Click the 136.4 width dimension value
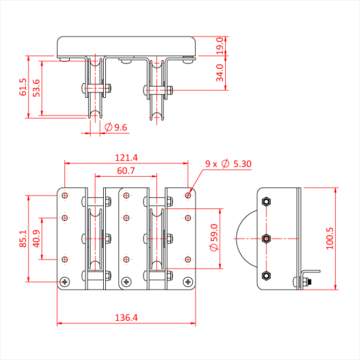(x=126, y=318)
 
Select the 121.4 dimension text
(x=126, y=158)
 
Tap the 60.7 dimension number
(x=126, y=170)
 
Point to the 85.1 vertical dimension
(x=23, y=239)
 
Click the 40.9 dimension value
(x=37, y=239)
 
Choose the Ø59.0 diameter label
(x=214, y=237)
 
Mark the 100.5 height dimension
(x=330, y=239)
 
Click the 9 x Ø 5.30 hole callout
(x=228, y=164)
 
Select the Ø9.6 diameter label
(x=116, y=127)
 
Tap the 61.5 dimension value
(x=23, y=87)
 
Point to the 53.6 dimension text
(x=37, y=88)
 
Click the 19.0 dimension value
(x=220, y=46)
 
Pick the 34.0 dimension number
(x=220, y=73)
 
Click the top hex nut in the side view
(x=266, y=202)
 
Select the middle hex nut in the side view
(x=266, y=239)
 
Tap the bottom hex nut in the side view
(x=266, y=276)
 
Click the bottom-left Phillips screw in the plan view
(x=64, y=282)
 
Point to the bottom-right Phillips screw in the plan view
(x=188, y=282)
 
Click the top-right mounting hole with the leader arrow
(x=188, y=196)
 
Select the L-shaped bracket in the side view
(x=310, y=278)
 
